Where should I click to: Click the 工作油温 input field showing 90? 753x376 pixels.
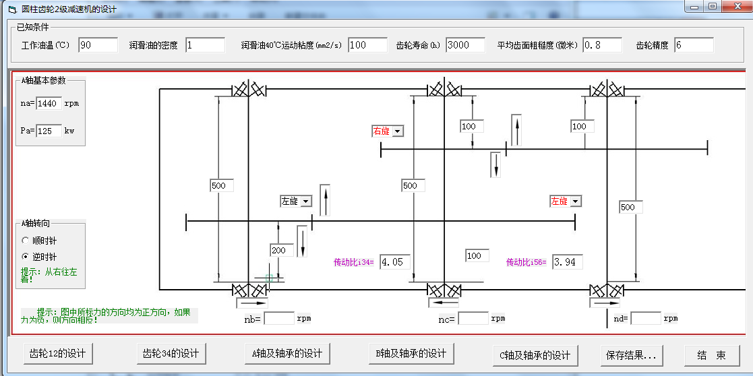pos(98,45)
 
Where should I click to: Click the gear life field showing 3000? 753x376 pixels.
pos(465,45)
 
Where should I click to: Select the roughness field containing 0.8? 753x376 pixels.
pos(602,45)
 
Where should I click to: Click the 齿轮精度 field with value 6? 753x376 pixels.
pos(693,45)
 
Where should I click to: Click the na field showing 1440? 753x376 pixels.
pos(49,104)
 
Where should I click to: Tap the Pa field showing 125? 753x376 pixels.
pos(49,131)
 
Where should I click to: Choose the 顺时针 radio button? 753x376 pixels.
pos(26,240)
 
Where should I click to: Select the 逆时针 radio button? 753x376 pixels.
pos(26,257)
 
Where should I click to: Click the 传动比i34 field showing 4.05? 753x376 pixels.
pos(394,262)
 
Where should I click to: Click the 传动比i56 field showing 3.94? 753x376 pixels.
pos(567,262)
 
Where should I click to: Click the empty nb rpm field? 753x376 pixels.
pos(279,319)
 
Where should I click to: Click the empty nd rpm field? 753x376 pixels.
pos(645,319)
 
